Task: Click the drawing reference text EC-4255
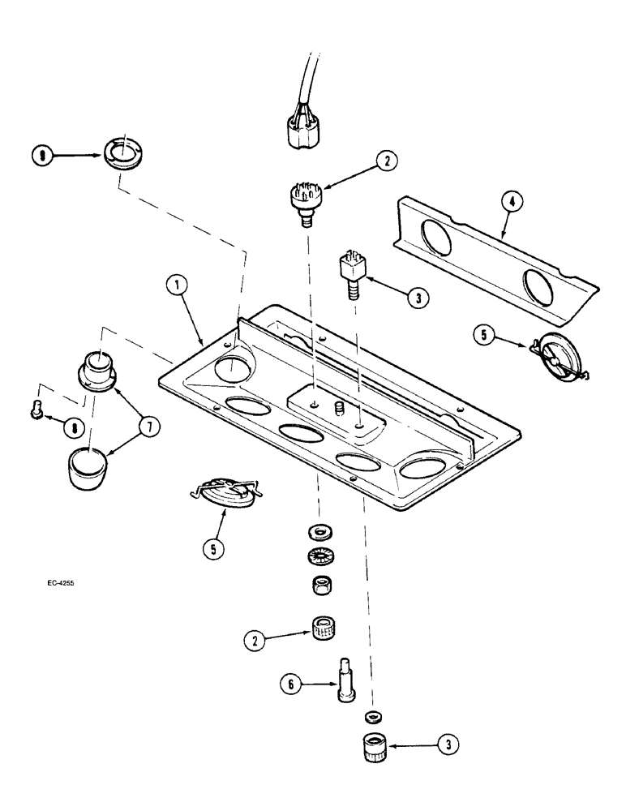pos(62,583)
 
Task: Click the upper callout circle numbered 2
pos(388,162)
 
